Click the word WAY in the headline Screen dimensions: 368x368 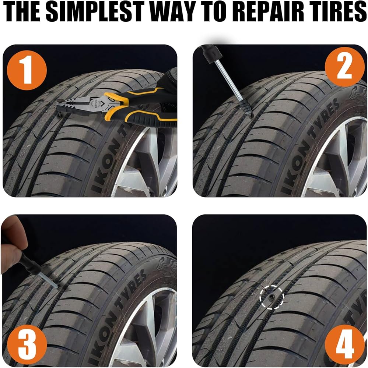pos(174,12)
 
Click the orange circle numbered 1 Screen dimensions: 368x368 pos(27,70)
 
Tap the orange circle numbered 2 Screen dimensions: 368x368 pos(344,67)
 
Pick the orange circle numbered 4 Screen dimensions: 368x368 pos(344,345)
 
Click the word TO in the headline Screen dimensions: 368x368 pos(216,12)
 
